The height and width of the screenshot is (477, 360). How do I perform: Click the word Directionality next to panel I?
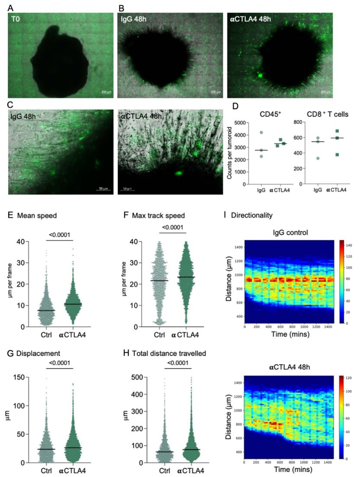click(256, 215)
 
